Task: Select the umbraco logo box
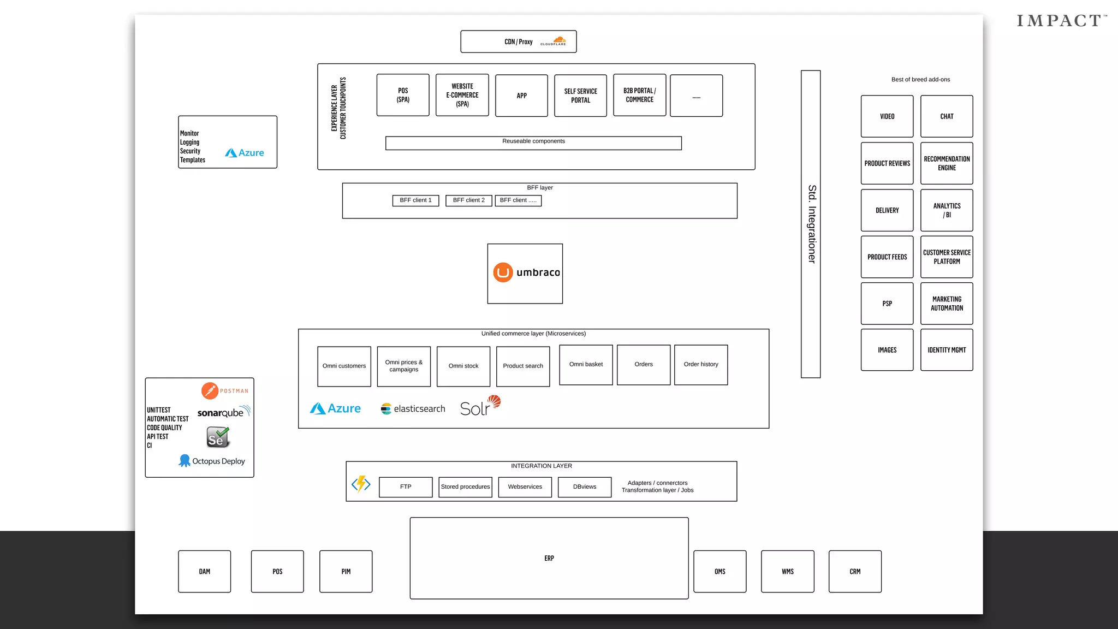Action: (525, 273)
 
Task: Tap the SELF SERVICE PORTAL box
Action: (580, 96)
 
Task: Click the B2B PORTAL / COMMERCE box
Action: (639, 95)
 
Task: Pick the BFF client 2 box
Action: (468, 200)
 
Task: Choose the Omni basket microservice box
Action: (586, 364)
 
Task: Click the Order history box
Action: (701, 364)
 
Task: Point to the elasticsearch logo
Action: (413, 408)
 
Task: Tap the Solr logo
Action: (480, 406)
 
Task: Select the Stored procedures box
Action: (465, 486)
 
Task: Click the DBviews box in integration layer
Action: (584, 486)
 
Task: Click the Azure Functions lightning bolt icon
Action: (361, 483)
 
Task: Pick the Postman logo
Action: (224, 391)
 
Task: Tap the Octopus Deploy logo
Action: (212, 461)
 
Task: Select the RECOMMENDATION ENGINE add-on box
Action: (947, 163)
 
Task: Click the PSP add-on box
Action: (887, 304)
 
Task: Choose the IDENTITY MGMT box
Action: (947, 350)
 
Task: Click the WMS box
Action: (787, 571)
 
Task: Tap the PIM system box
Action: (346, 571)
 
